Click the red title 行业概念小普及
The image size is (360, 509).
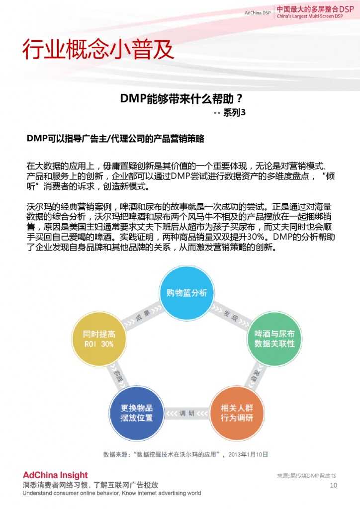click(98, 50)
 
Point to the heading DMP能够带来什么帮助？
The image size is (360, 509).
click(181, 98)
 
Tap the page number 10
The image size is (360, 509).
click(334, 485)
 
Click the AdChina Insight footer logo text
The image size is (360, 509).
click(55, 475)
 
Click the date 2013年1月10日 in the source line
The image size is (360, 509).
click(248, 454)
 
